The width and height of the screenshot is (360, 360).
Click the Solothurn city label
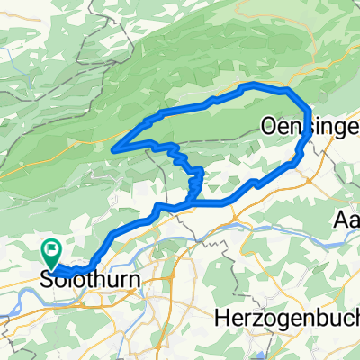tap(89, 282)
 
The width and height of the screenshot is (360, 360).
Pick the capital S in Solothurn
tap(47, 282)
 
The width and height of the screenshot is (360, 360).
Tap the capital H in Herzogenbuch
tap(222, 319)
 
